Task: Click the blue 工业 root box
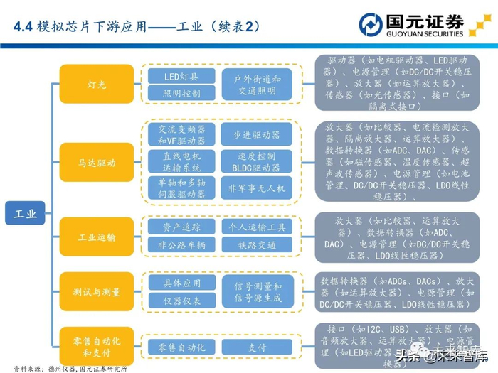[x=26, y=210]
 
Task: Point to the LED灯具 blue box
[x=181, y=76]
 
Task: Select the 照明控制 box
[x=181, y=93]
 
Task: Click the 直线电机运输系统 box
[x=181, y=161]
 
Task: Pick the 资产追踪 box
[x=181, y=227]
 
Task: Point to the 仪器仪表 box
[x=181, y=301]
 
